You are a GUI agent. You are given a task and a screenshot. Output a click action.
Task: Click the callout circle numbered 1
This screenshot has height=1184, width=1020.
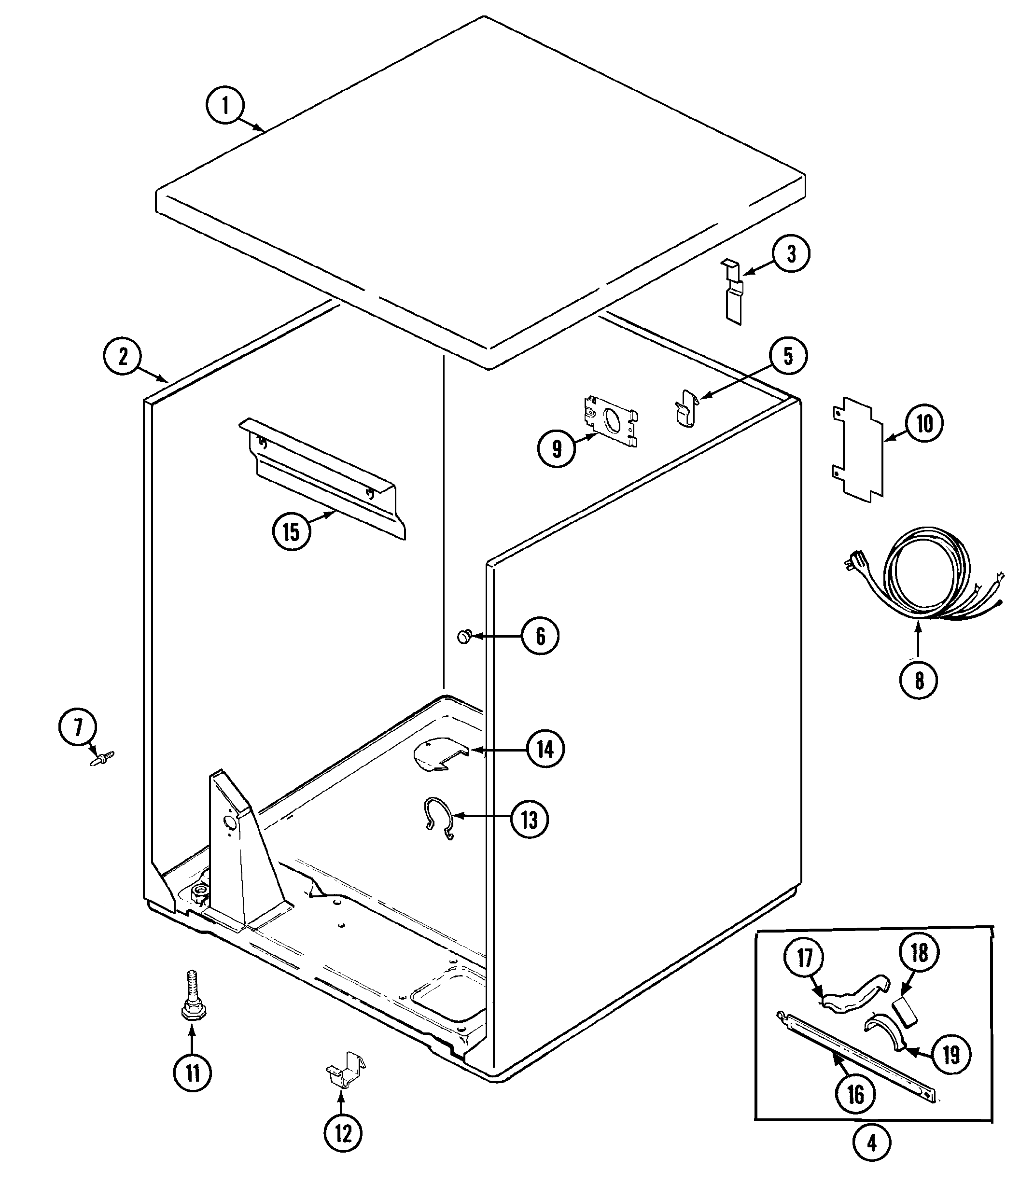[225, 106]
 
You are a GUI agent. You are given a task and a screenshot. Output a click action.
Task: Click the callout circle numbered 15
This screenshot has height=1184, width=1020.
[291, 531]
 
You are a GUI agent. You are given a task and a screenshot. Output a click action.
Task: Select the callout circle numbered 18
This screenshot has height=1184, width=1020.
[919, 953]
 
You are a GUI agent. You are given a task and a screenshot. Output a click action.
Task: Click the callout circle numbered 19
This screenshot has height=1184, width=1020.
[951, 1055]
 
